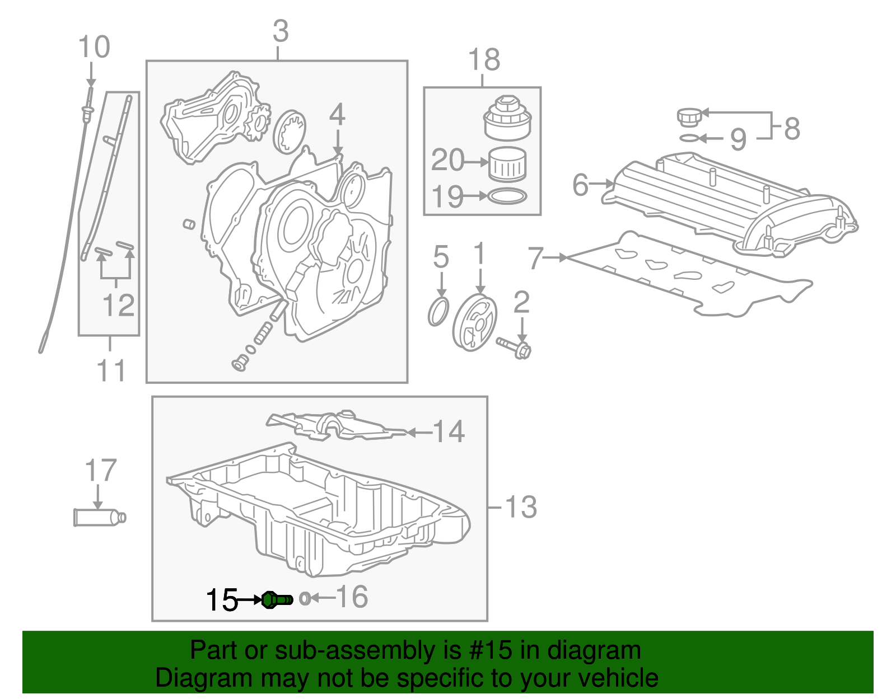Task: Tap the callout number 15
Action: click(x=222, y=601)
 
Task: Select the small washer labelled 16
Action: click(x=304, y=598)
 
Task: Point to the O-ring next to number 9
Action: click(x=689, y=138)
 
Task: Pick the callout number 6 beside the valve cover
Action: click(x=581, y=184)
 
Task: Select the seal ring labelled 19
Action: click(x=507, y=196)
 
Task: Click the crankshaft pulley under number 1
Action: click(x=475, y=323)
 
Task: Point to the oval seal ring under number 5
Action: click(x=438, y=312)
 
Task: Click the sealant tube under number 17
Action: click(x=98, y=517)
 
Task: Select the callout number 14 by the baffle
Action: click(x=449, y=431)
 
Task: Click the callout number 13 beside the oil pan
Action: click(x=521, y=508)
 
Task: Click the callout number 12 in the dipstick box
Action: click(x=118, y=305)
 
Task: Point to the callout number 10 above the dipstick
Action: click(x=94, y=47)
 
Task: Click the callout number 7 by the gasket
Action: click(x=536, y=258)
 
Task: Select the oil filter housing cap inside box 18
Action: click(x=507, y=119)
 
